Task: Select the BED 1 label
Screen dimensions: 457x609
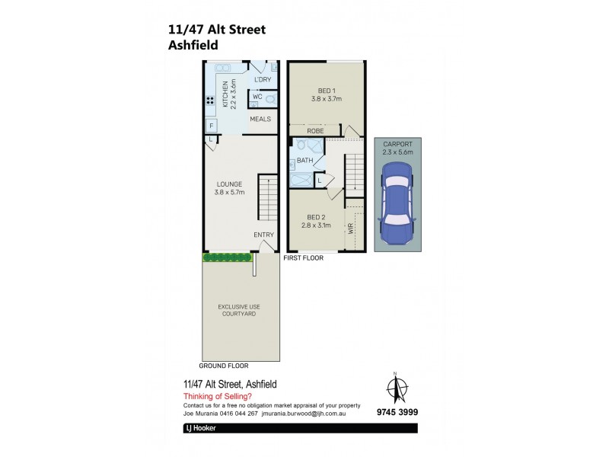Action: (x=326, y=94)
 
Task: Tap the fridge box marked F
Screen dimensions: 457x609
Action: (x=211, y=126)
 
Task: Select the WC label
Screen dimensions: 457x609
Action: (x=257, y=97)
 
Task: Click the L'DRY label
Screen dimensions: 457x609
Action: (x=263, y=79)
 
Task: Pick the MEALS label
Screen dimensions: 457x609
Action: (x=260, y=119)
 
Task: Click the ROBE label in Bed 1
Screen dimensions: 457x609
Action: (x=316, y=131)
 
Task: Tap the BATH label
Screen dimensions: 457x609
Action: (x=304, y=161)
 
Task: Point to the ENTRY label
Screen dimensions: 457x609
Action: (x=263, y=235)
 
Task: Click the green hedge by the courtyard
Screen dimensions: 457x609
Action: (x=227, y=257)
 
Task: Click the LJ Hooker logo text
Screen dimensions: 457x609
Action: (x=202, y=429)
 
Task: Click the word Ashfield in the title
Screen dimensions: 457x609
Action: (x=193, y=45)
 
